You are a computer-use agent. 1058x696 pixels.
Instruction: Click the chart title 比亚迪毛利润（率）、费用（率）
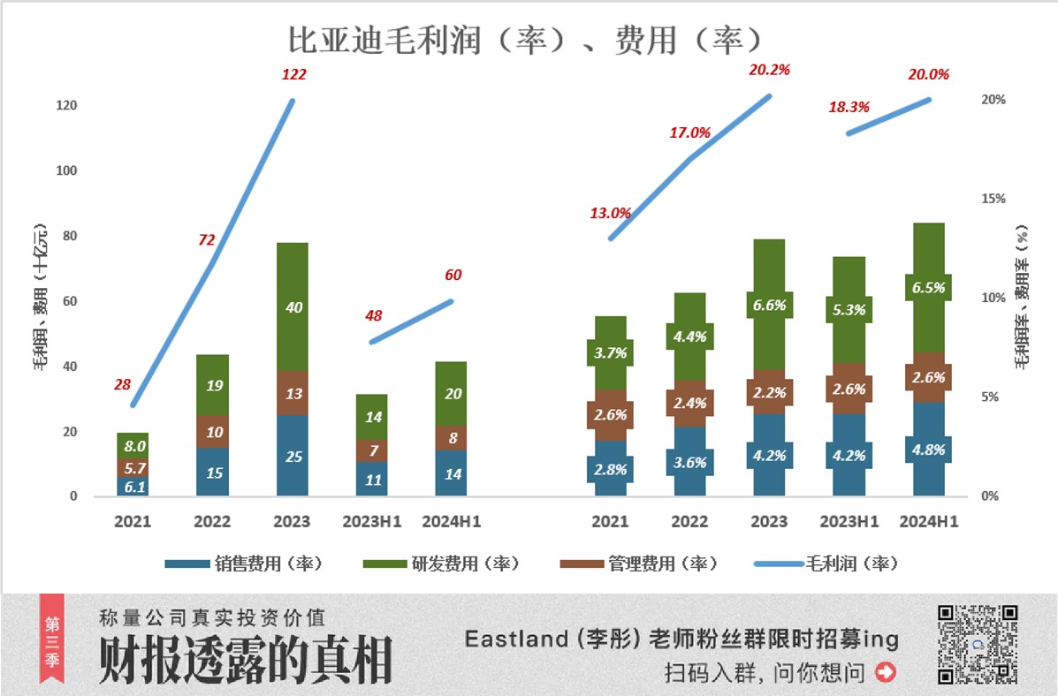(x=525, y=41)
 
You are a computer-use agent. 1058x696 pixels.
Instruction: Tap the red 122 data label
(x=293, y=74)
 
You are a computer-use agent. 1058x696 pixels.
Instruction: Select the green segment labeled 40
(x=293, y=306)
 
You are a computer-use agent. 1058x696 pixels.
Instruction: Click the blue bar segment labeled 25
(x=293, y=456)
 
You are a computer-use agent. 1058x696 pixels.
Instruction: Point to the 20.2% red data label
(x=768, y=70)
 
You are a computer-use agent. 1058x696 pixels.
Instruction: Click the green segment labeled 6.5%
(x=928, y=287)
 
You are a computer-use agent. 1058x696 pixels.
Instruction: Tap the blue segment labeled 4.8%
(x=928, y=449)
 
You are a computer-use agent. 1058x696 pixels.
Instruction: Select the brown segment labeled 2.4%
(x=689, y=404)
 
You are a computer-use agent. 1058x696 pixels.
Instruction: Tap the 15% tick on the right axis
(x=993, y=199)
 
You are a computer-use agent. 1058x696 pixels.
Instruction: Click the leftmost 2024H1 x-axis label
(x=452, y=521)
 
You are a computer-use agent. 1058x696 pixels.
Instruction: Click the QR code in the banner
(x=978, y=644)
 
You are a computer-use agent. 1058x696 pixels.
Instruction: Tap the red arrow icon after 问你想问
(x=885, y=672)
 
